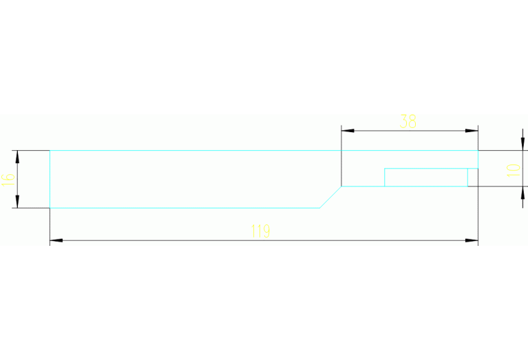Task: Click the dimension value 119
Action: coord(260,231)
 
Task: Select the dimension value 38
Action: coord(408,122)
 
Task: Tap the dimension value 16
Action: coord(8,180)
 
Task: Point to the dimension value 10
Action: coord(513,171)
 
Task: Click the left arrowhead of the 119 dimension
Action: coord(56,240)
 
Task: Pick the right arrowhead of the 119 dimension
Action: coord(472,240)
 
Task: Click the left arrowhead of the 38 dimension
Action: coord(348,131)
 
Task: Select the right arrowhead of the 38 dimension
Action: coord(472,131)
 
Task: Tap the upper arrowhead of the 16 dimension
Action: coord(17,157)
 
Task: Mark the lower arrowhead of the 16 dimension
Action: coord(17,202)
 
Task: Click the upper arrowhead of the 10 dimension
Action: coord(522,144)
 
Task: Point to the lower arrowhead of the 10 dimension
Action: coord(522,193)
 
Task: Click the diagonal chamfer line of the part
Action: coord(330,197)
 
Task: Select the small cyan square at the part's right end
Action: coord(473,177)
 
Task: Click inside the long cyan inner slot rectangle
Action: coord(426,177)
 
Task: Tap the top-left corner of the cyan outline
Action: coord(50,151)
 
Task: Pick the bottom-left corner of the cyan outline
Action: coord(50,208)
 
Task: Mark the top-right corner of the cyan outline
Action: coord(478,151)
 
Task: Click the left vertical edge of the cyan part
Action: coord(50,179)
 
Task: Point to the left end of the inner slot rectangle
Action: coord(385,177)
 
